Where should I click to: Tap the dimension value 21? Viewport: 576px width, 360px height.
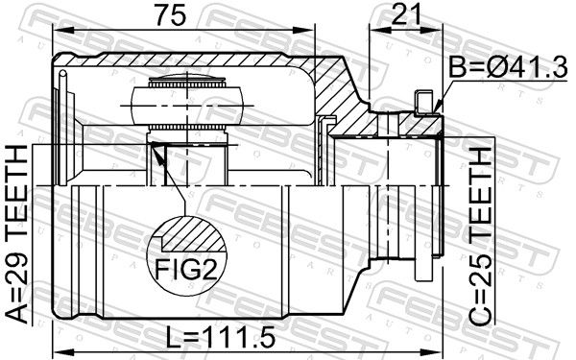point(406,15)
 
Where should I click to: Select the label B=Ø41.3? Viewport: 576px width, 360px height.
point(509,67)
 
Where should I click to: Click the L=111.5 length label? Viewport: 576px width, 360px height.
point(221,338)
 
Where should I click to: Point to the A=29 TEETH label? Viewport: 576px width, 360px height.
point(17,234)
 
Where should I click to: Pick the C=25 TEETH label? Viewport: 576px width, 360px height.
point(480,237)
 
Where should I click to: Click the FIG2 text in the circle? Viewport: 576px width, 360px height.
point(186,269)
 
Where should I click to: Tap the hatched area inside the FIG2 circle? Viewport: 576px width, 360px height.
point(194,233)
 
